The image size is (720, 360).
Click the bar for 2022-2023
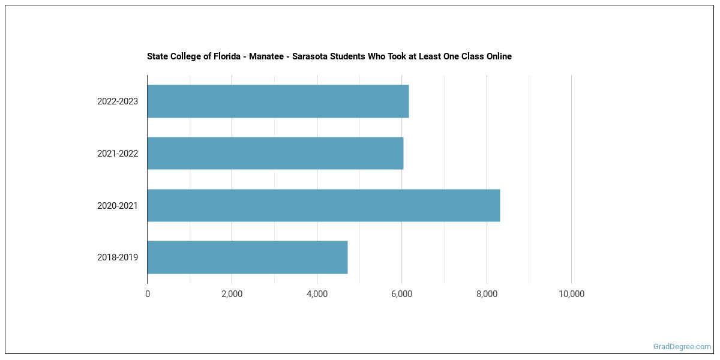coord(278,101)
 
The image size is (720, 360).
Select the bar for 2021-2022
coord(275,153)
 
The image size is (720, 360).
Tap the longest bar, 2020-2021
coord(323,205)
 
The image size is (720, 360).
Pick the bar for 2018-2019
coord(247,257)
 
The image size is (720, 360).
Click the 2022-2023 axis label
coord(118,101)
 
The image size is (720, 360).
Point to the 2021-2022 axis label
coord(118,154)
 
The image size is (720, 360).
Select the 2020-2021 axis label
coord(118,206)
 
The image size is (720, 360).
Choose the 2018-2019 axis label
coord(118,257)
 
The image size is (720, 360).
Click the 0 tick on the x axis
coord(148,294)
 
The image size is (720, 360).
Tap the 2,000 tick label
coord(232,294)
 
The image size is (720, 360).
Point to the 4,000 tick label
coord(317,294)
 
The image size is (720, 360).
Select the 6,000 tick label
coord(401,294)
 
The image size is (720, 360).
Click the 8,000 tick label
coord(487,294)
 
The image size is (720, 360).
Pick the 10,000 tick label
coord(571,294)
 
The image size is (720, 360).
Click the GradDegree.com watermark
coord(682,347)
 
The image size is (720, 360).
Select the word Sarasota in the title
coord(311,56)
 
